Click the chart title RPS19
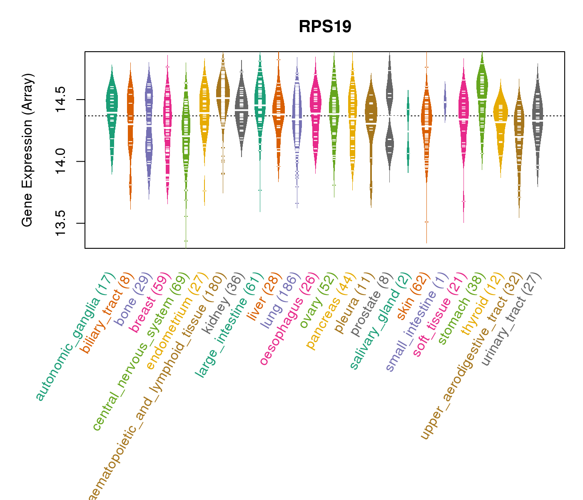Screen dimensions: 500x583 coord(325,27)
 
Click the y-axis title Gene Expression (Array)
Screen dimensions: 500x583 coord(27,150)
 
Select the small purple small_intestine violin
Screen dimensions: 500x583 coord(445,102)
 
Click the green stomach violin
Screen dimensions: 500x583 coord(482,96)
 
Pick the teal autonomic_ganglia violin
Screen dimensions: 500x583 coord(112,108)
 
